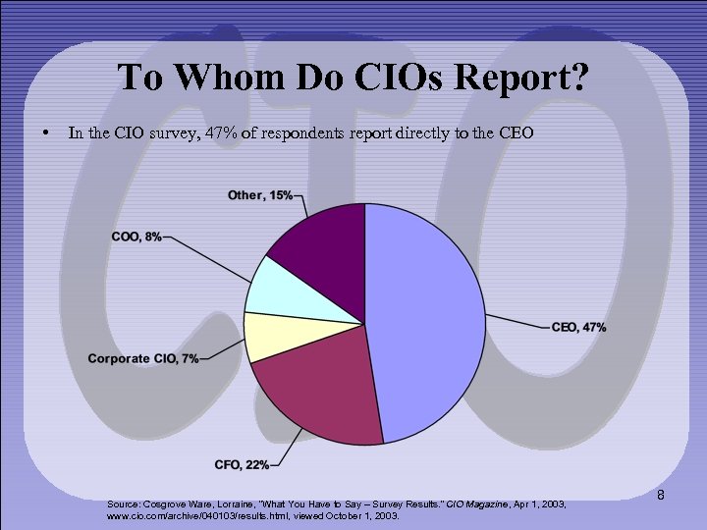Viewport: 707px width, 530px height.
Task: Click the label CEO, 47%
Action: tap(579, 327)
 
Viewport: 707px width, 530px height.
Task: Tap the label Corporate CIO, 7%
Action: tap(141, 358)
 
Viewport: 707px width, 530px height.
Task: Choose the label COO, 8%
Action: tap(138, 238)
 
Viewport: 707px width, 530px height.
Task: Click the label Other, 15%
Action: tap(259, 195)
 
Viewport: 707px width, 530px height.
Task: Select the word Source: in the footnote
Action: tap(127, 503)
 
